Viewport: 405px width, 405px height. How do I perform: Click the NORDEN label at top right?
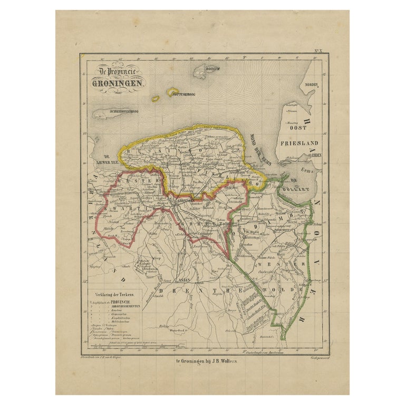click(309, 85)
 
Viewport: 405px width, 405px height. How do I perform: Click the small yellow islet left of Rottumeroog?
click(156, 98)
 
